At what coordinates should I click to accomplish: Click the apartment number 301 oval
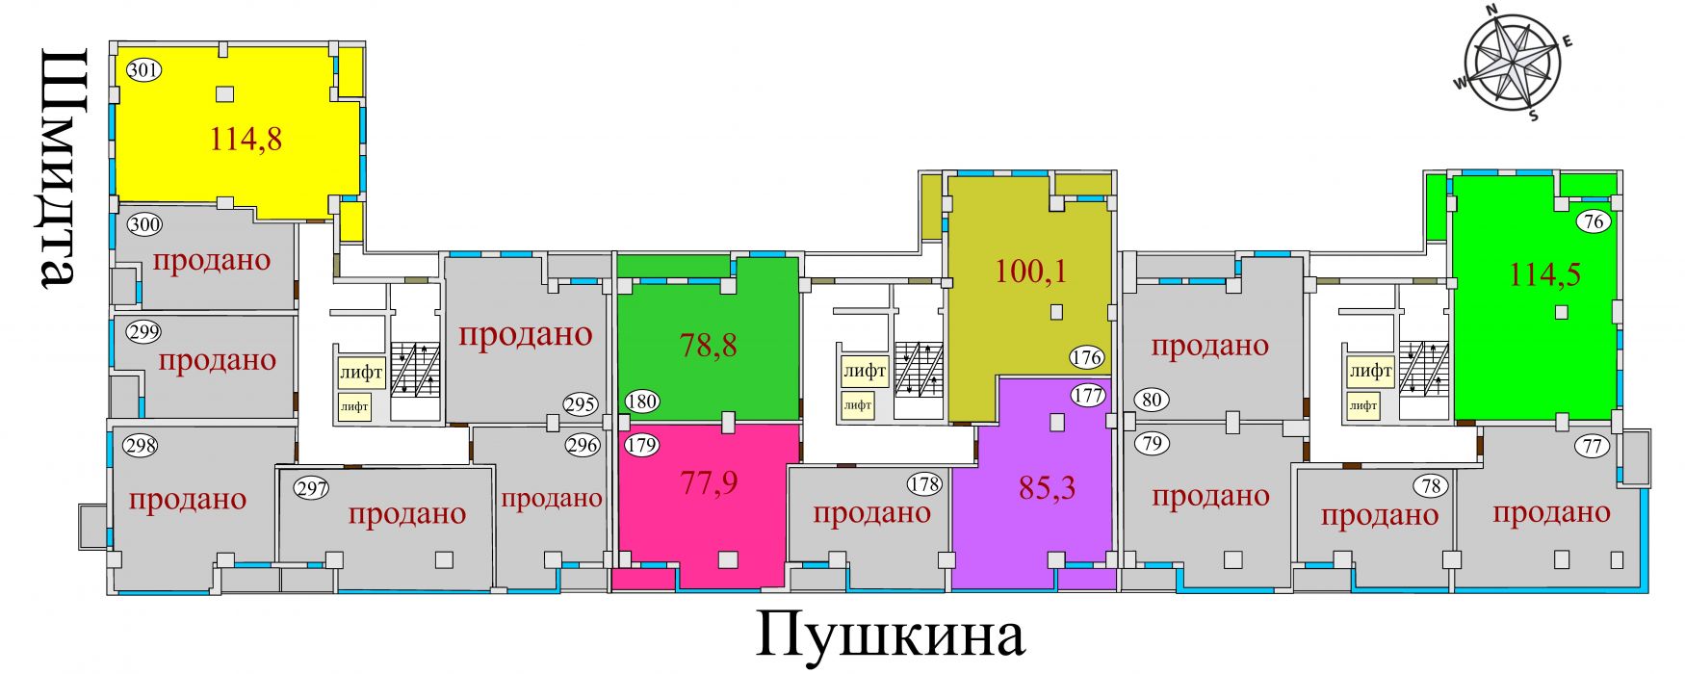[x=143, y=69]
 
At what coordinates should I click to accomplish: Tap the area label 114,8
[x=246, y=140]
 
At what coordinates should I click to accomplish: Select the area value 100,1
[x=1030, y=272]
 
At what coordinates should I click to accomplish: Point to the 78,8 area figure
[x=709, y=345]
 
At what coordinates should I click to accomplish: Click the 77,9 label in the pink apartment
[x=709, y=481]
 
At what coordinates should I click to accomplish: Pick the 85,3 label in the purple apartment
[x=1047, y=488]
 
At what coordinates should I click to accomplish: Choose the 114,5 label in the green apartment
[x=1544, y=274]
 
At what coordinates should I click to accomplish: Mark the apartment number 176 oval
[x=1086, y=358]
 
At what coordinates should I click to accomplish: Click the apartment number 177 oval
[x=1088, y=395]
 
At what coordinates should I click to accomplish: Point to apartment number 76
[x=1594, y=221]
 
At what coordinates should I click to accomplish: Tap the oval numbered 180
[x=641, y=402]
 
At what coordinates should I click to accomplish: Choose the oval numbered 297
[x=312, y=488]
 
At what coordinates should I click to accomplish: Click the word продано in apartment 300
[x=212, y=260]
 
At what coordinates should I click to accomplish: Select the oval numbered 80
[x=1152, y=399]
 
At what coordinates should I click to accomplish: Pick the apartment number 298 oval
[x=141, y=446]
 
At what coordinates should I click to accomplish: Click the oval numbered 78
[x=1431, y=485]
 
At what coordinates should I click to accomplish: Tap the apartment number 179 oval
[x=641, y=445]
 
